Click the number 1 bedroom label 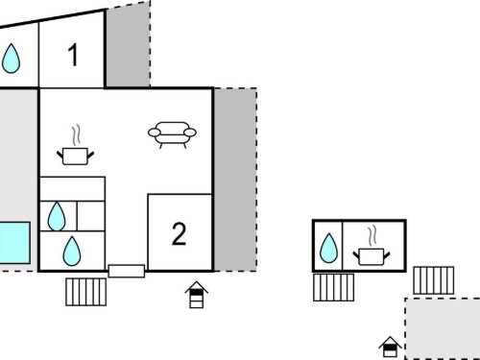pos(74,55)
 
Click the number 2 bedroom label pos(179,234)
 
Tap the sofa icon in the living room pos(172,134)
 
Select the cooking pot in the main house pos(75,146)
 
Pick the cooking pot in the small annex pos(372,246)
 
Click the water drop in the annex pos(328,249)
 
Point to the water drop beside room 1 pos(11,59)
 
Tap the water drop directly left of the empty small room pos(57,216)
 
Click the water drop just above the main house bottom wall pos(72,252)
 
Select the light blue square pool pos(14,243)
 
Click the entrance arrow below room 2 pos(197,295)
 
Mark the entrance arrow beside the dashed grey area pos(390,347)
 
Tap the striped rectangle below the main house pos(85,292)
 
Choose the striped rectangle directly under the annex pos(333,287)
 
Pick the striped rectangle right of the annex pos(434,280)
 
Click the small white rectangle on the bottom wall pos(127,271)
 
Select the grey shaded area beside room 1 pos(128,45)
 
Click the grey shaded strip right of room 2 pos(235,180)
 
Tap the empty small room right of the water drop pos(91,216)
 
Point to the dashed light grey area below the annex pos(443,329)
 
